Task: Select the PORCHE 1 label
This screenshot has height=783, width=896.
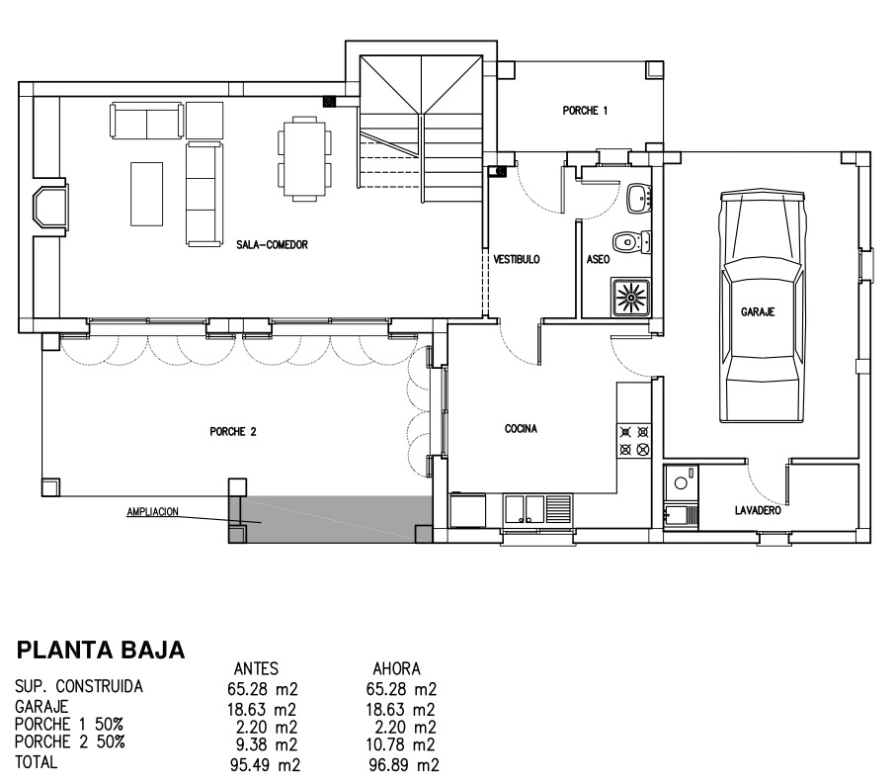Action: (585, 111)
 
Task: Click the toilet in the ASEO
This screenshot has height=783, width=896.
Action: (631, 241)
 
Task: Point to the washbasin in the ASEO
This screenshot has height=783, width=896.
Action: (639, 198)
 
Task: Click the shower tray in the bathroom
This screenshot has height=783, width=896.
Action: (631, 298)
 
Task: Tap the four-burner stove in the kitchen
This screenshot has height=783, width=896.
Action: (634, 440)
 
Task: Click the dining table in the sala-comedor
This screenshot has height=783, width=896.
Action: (304, 158)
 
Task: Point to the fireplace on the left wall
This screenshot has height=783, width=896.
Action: (49, 207)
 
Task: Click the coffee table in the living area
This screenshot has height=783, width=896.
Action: (147, 194)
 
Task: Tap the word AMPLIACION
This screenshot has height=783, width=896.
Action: (152, 512)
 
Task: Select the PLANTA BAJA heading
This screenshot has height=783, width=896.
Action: (101, 651)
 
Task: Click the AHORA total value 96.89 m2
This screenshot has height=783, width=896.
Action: (404, 764)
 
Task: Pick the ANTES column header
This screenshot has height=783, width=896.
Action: (256, 668)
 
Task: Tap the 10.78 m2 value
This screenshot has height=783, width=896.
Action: (400, 744)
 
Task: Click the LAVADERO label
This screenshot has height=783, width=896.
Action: (758, 510)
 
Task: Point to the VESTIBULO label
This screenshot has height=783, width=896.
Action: (517, 259)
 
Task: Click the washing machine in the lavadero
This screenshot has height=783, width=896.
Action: (682, 482)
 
